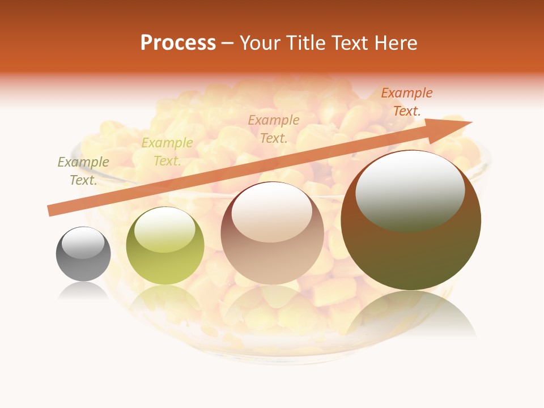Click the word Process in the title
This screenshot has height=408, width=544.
(178, 43)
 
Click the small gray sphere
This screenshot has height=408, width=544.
(83, 254)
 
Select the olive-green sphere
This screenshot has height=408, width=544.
(165, 246)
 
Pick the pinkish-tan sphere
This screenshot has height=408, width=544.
(272, 233)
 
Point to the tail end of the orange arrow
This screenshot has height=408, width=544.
(50, 211)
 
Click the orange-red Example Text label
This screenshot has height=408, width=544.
(406, 102)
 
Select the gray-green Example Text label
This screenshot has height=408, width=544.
(83, 171)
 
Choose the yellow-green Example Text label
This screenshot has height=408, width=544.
(167, 152)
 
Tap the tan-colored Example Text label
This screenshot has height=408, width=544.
(274, 129)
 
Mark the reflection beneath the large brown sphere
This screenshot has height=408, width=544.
(411, 317)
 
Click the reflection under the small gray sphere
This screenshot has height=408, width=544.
(83, 291)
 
